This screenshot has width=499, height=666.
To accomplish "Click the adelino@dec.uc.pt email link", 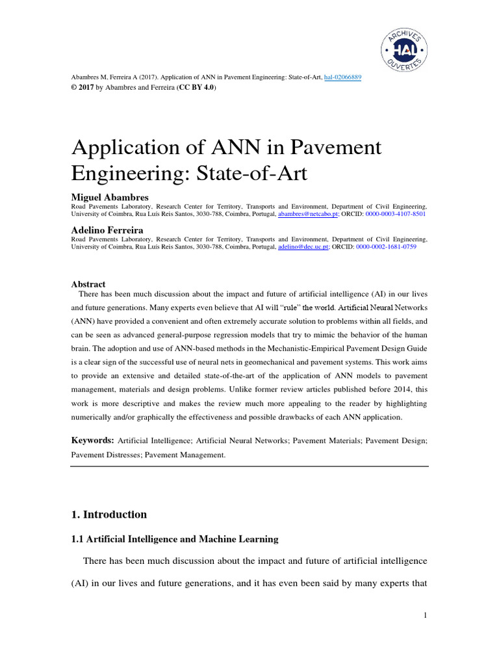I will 304,247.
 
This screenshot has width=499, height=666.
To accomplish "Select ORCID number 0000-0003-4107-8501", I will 395,213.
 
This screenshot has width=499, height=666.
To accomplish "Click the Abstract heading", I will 88,284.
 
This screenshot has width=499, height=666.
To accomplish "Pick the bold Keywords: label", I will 92,441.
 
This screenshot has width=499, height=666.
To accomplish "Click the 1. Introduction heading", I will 109,514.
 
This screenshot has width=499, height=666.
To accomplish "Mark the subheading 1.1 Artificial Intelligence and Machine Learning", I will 174,539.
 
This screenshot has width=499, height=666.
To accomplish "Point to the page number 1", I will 424,616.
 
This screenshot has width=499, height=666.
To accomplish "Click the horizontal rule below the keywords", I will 249,466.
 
